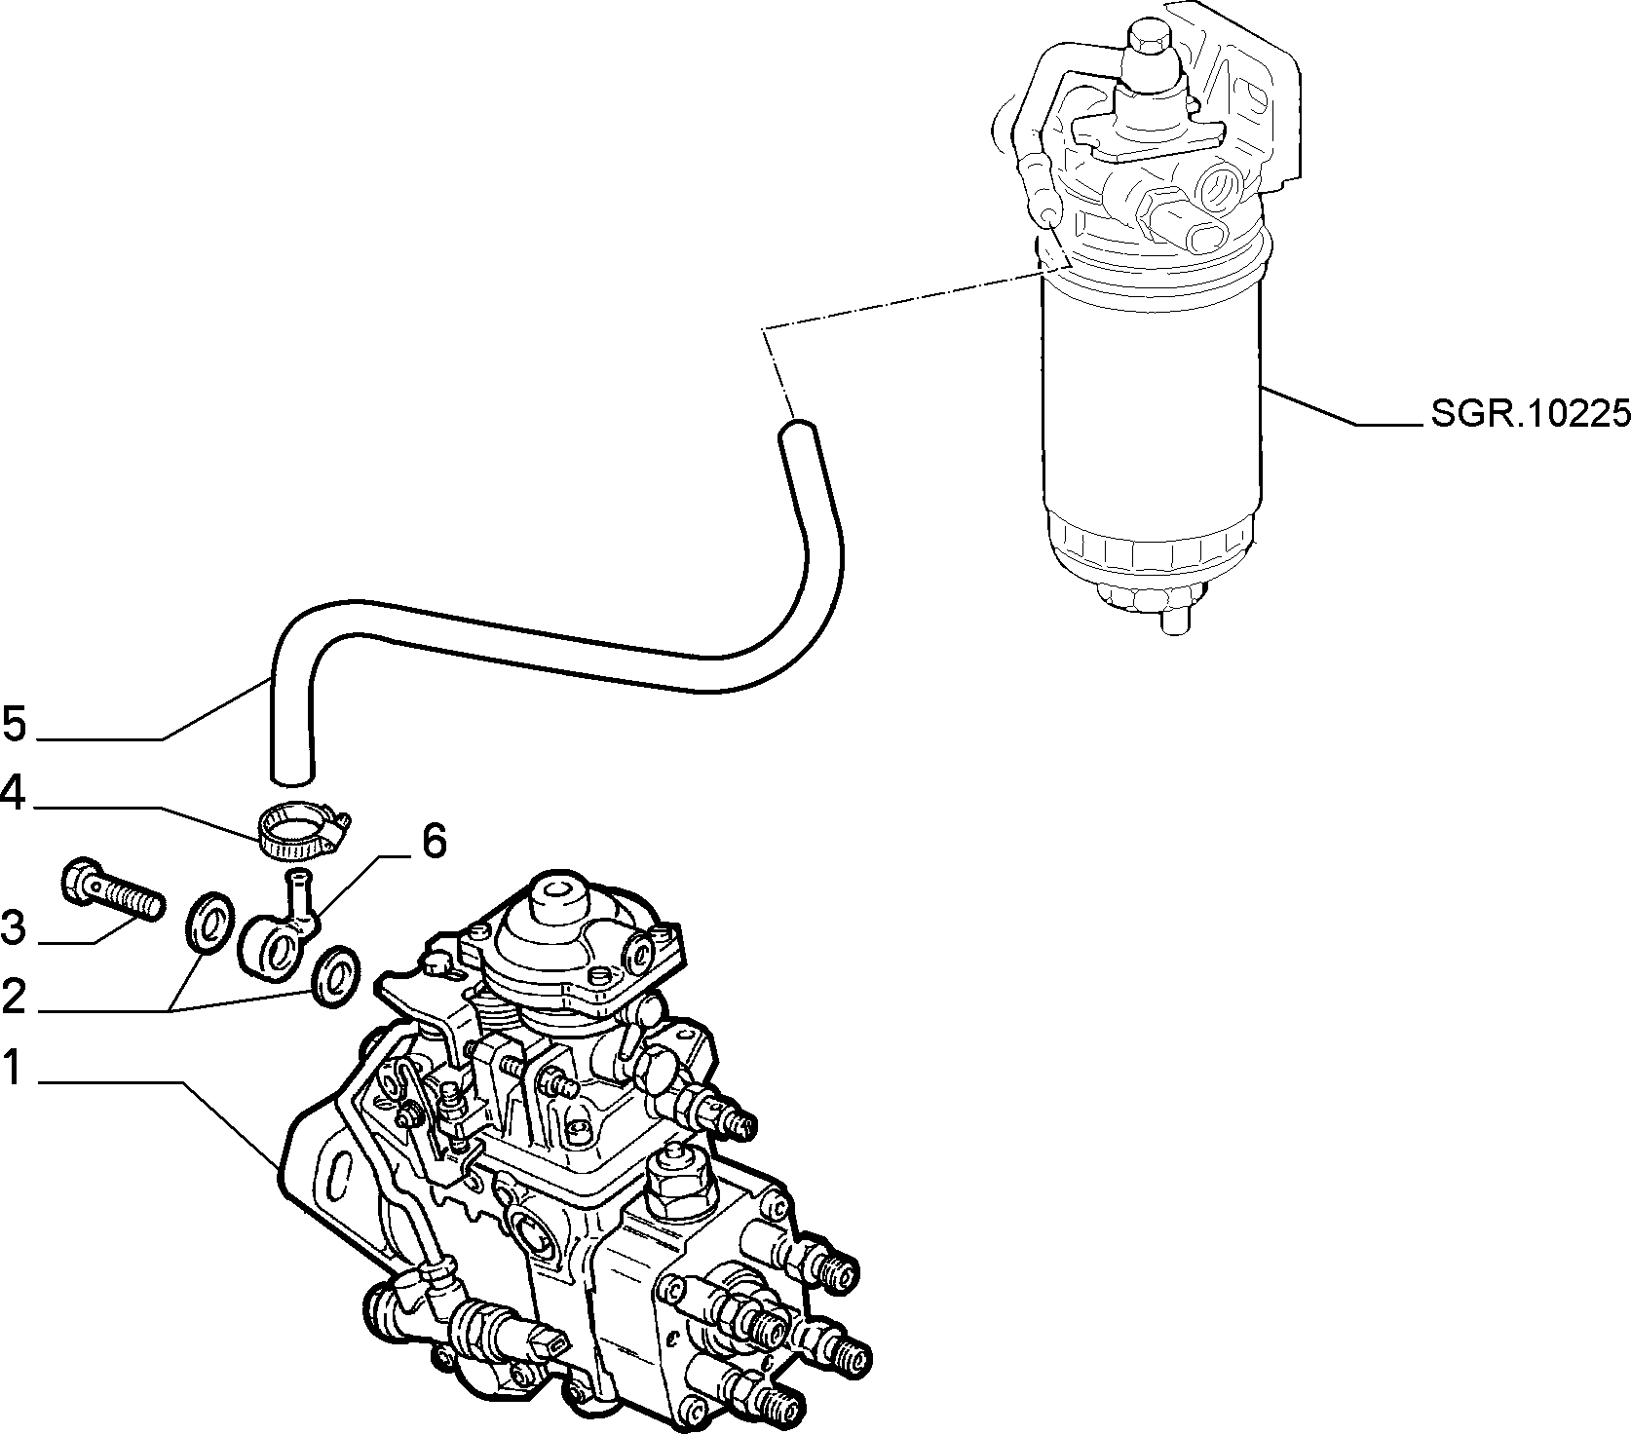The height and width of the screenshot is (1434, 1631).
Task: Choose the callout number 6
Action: point(434,841)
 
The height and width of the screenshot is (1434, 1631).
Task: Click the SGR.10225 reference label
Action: point(1530,415)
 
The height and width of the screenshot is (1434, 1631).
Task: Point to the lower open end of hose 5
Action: point(291,774)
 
